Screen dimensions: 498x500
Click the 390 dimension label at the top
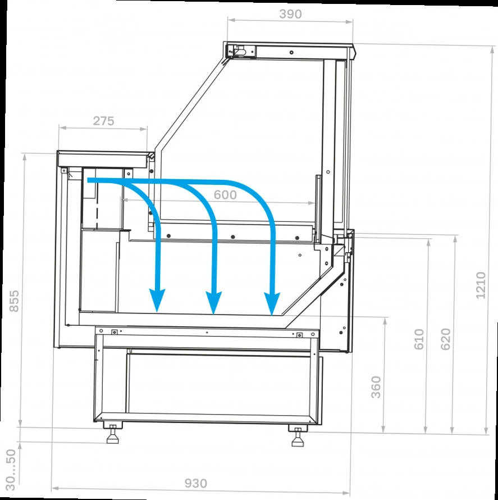tap(290, 14)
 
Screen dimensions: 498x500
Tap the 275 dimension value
tap(103, 121)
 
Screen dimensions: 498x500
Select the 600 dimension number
tap(225, 195)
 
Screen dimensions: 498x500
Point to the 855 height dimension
tap(14, 301)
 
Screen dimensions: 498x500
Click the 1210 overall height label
tap(481, 285)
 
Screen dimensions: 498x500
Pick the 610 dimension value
tap(419, 339)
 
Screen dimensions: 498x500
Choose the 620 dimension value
tap(446, 339)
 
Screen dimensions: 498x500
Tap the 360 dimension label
tap(376, 387)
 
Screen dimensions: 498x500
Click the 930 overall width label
tap(196, 483)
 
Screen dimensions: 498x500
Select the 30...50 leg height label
tap(11, 470)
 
